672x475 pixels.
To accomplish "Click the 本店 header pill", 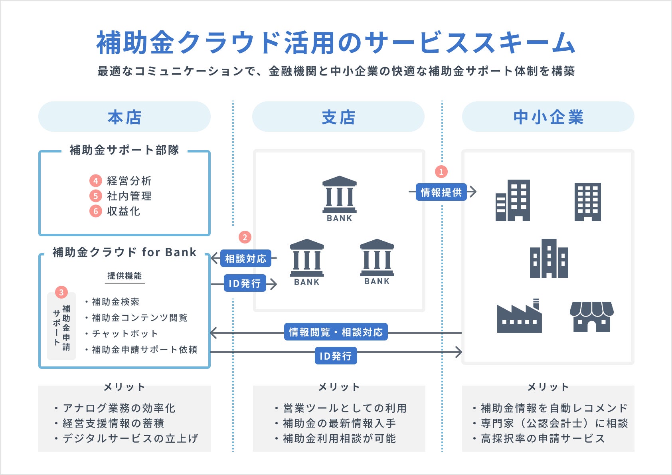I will point(124,117).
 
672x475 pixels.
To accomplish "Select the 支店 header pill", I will point(338,117).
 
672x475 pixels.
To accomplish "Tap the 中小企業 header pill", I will point(548,117).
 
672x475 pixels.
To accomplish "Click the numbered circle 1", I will point(441,172).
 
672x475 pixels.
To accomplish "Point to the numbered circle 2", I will point(245,238).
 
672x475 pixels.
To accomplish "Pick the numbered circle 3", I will point(61,292).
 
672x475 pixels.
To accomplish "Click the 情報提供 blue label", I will point(441,192).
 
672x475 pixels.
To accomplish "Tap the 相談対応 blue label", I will point(245,259).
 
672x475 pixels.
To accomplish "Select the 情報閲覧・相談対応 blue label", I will point(336,332).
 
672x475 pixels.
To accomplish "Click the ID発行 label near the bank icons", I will point(245,283).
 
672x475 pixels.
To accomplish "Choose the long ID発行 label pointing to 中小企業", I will point(336,356).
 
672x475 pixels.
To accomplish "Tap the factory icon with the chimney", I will point(519,316).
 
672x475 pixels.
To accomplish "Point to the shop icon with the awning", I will point(591,317).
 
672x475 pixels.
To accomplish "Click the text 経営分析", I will point(129,181).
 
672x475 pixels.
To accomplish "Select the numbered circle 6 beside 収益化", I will point(95,211).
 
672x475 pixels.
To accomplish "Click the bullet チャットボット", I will point(125,333).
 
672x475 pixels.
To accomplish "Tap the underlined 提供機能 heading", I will point(125,276).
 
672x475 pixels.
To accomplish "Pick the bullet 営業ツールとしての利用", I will point(345,408).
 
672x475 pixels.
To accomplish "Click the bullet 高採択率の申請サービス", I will point(543,438).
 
